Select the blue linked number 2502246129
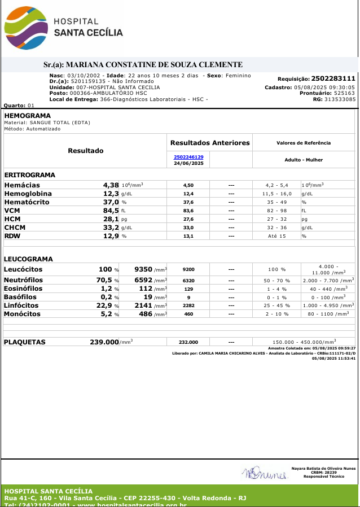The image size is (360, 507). click(188, 157)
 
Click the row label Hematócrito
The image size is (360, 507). click(27, 202)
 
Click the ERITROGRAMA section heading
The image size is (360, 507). click(29, 175)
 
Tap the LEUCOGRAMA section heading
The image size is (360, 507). click(28, 259)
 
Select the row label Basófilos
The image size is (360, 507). click(20, 297)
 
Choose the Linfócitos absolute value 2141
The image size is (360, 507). click(150, 305)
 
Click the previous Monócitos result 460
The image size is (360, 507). click(188, 314)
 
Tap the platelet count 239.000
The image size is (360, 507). click(104, 342)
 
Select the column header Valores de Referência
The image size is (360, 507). click(304, 143)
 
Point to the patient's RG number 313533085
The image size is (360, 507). click(337, 99)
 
